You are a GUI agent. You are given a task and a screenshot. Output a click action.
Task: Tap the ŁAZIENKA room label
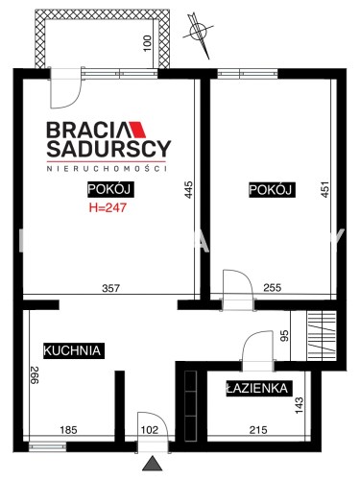(257, 389)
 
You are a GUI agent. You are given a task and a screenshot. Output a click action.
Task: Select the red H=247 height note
(108, 207)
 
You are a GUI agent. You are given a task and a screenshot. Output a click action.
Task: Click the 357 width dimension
(110, 288)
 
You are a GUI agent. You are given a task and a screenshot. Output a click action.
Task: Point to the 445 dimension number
(189, 190)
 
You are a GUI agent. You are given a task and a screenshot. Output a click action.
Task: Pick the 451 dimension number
(324, 189)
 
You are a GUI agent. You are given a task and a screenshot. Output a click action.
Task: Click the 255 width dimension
(273, 288)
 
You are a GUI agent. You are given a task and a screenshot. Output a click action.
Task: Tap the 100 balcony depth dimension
(147, 43)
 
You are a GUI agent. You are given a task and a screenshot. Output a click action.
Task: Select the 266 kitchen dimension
(35, 374)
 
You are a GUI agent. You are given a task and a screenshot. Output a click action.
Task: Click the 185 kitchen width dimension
(69, 430)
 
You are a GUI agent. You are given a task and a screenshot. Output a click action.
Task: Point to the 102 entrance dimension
(150, 430)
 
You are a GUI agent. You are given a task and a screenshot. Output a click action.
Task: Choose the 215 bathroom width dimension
(258, 430)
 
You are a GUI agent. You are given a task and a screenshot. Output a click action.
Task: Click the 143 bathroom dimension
(300, 405)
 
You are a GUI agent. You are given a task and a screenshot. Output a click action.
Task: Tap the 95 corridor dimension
(284, 335)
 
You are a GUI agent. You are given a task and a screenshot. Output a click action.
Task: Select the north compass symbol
(198, 34)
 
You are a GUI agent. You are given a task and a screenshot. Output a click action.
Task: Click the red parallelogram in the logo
(138, 130)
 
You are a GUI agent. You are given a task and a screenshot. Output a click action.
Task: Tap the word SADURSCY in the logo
(108, 149)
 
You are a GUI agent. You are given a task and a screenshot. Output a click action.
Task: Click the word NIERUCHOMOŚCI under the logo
(107, 169)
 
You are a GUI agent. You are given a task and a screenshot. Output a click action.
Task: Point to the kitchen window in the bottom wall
(47, 446)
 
